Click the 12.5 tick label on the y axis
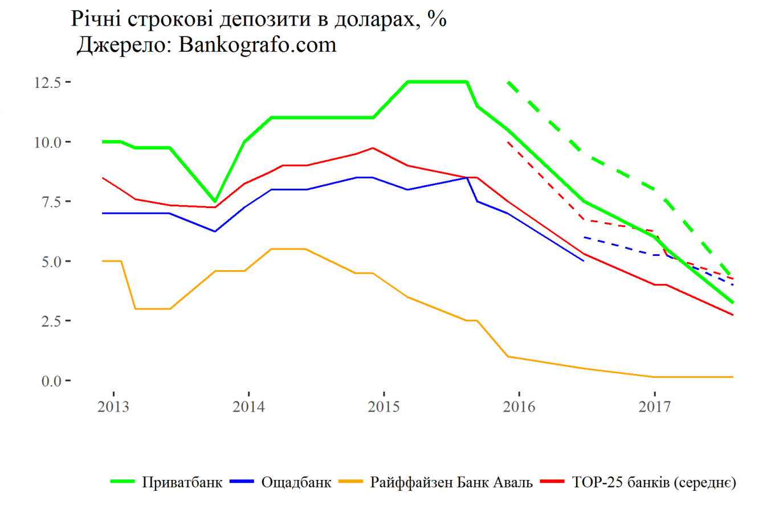click(x=47, y=83)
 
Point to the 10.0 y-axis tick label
click(x=47, y=143)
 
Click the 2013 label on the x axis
click(x=113, y=407)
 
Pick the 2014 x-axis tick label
click(x=248, y=407)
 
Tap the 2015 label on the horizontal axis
click(x=384, y=407)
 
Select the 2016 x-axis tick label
click(x=519, y=407)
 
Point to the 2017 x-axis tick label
click(x=654, y=407)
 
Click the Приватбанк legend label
click(x=182, y=483)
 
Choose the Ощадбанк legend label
click(x=296, y=483)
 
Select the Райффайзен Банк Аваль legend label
click(x=451, y=483)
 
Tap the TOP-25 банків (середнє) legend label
click(x=654, y=483)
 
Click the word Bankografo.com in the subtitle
click(x=258, y=45)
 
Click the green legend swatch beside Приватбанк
click(x=123, y=482)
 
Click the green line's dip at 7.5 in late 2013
click(x=215, y=201)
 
